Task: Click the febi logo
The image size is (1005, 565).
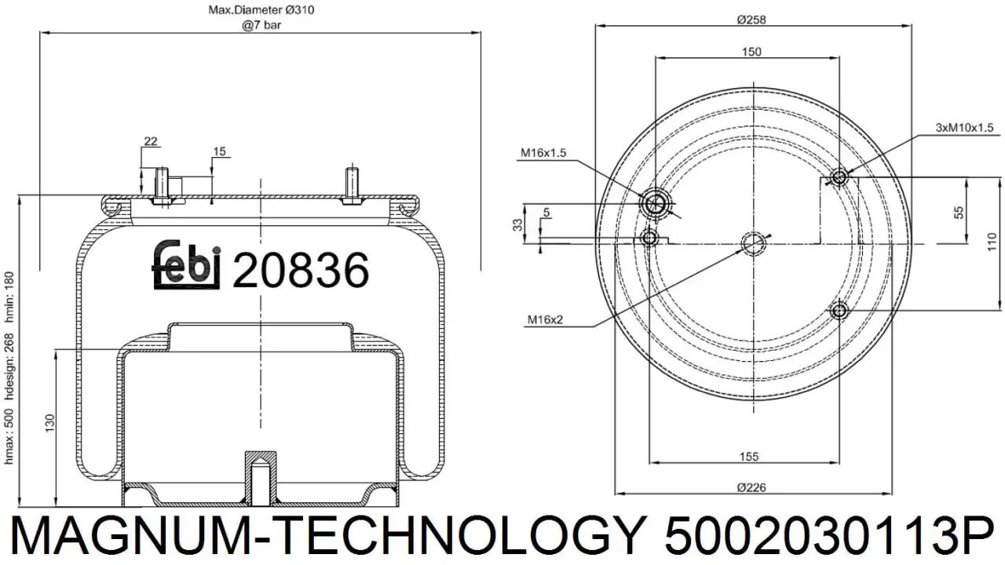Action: point(186,264)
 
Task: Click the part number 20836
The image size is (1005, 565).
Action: point(301,270)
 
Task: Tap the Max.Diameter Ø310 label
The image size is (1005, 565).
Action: point(261,10)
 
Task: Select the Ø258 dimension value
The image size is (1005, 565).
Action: point(751,20)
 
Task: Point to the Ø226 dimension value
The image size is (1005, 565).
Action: point(751,487)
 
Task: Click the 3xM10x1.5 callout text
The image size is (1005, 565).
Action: point(965,128)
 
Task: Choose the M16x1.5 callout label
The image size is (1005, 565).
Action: point(543,153)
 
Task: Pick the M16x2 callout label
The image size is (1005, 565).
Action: point(545,319)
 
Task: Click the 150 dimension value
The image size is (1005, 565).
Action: point(751,52)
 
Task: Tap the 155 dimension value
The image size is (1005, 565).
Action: point(749,457)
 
